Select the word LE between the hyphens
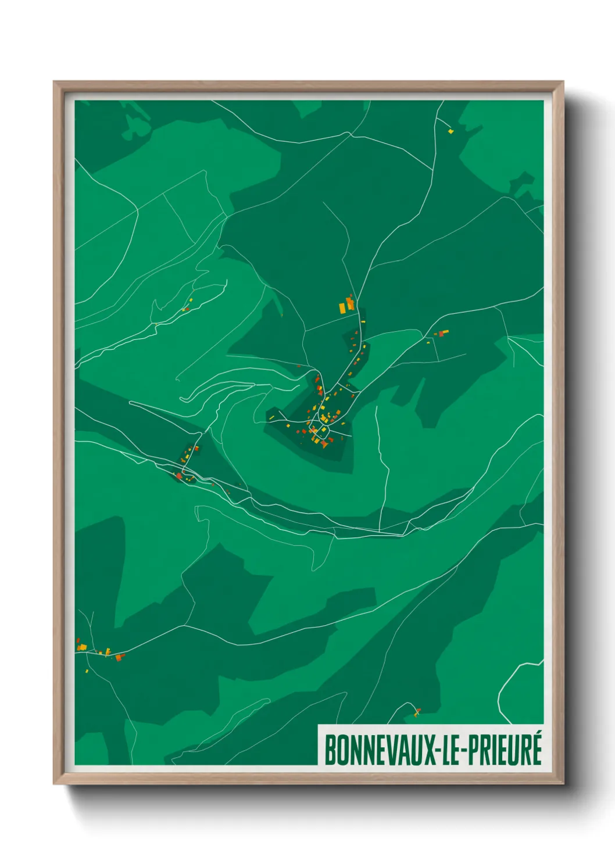pos(453,750)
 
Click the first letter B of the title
pos(328,750)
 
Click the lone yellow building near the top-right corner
pos(450,131)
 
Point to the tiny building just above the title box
pos(417,711)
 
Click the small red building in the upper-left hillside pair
pos(187,309)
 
